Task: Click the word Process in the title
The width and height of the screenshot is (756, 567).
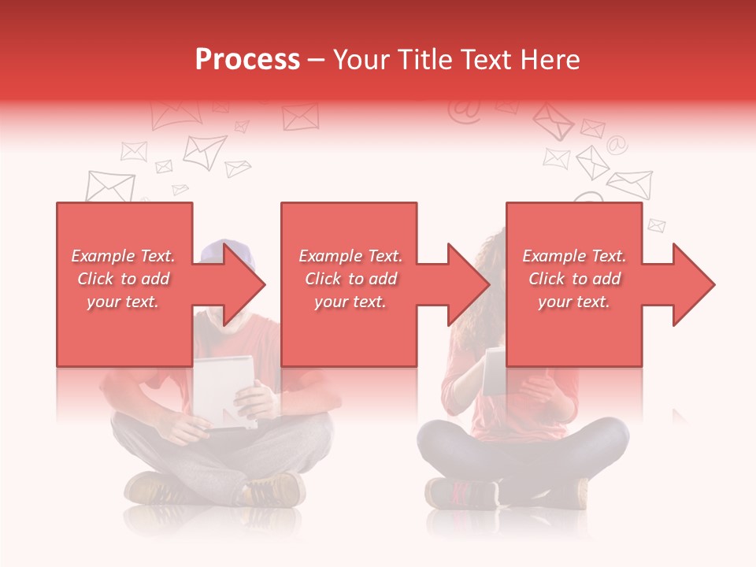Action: coord(247,60)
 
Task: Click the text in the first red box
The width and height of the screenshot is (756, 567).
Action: coord(124,279)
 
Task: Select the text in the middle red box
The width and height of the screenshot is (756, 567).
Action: coord(350,279)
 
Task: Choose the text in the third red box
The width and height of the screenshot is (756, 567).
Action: coord(574,279)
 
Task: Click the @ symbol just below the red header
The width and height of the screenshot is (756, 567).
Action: coord(464,112)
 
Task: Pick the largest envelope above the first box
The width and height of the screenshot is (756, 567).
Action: coord(109,186)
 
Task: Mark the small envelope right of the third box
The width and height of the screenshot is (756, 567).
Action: coord(656,225)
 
